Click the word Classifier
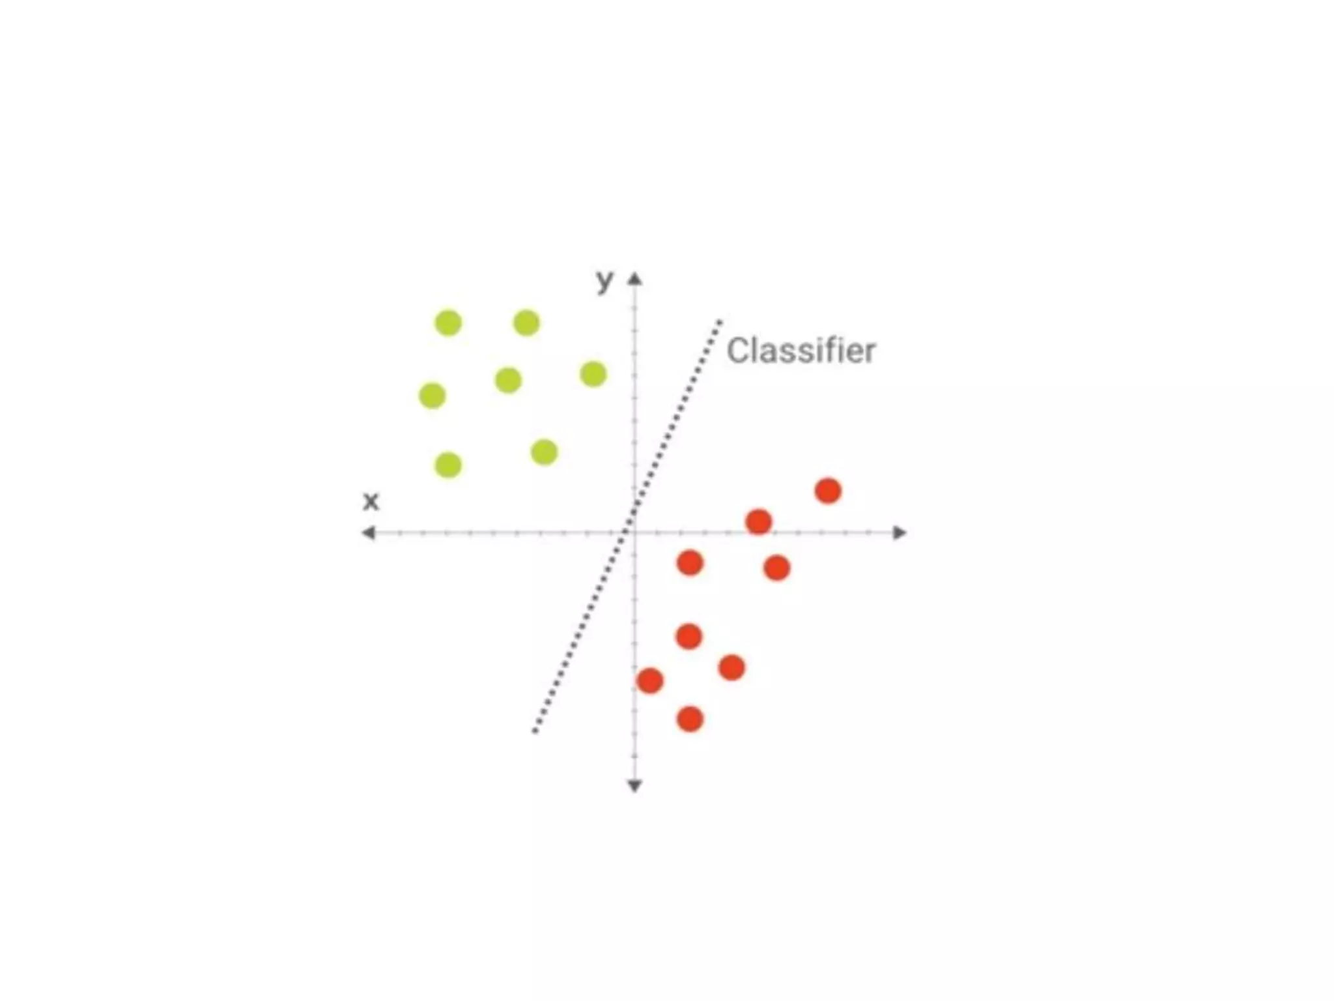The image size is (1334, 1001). (801, 351)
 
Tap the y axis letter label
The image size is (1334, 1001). (605, 281)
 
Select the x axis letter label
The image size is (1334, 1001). (371, 501)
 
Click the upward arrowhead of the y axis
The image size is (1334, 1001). (634, 280)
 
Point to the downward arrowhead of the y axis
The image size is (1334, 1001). (634, 786)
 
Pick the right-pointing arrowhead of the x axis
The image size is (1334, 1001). (900, 533)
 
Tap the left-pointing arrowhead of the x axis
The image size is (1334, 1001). (369, 533)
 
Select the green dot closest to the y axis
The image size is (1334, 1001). (593, 375)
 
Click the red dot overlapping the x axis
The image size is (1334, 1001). (759, 522)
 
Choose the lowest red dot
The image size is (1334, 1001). (690, 719)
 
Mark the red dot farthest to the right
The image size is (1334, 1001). (828, 491)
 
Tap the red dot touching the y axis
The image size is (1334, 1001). (649, 681)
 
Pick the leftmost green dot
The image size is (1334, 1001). (433, 396)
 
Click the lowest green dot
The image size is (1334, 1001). (448, 465)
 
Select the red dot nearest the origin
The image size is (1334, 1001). (690, 562)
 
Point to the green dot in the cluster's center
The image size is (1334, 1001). (508, 380)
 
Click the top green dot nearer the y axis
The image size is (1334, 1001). (526, 323)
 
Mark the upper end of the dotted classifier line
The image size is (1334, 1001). (720, 321)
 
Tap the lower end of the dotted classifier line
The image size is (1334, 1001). (535, 731)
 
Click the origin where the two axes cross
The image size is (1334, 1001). (634, 533)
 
